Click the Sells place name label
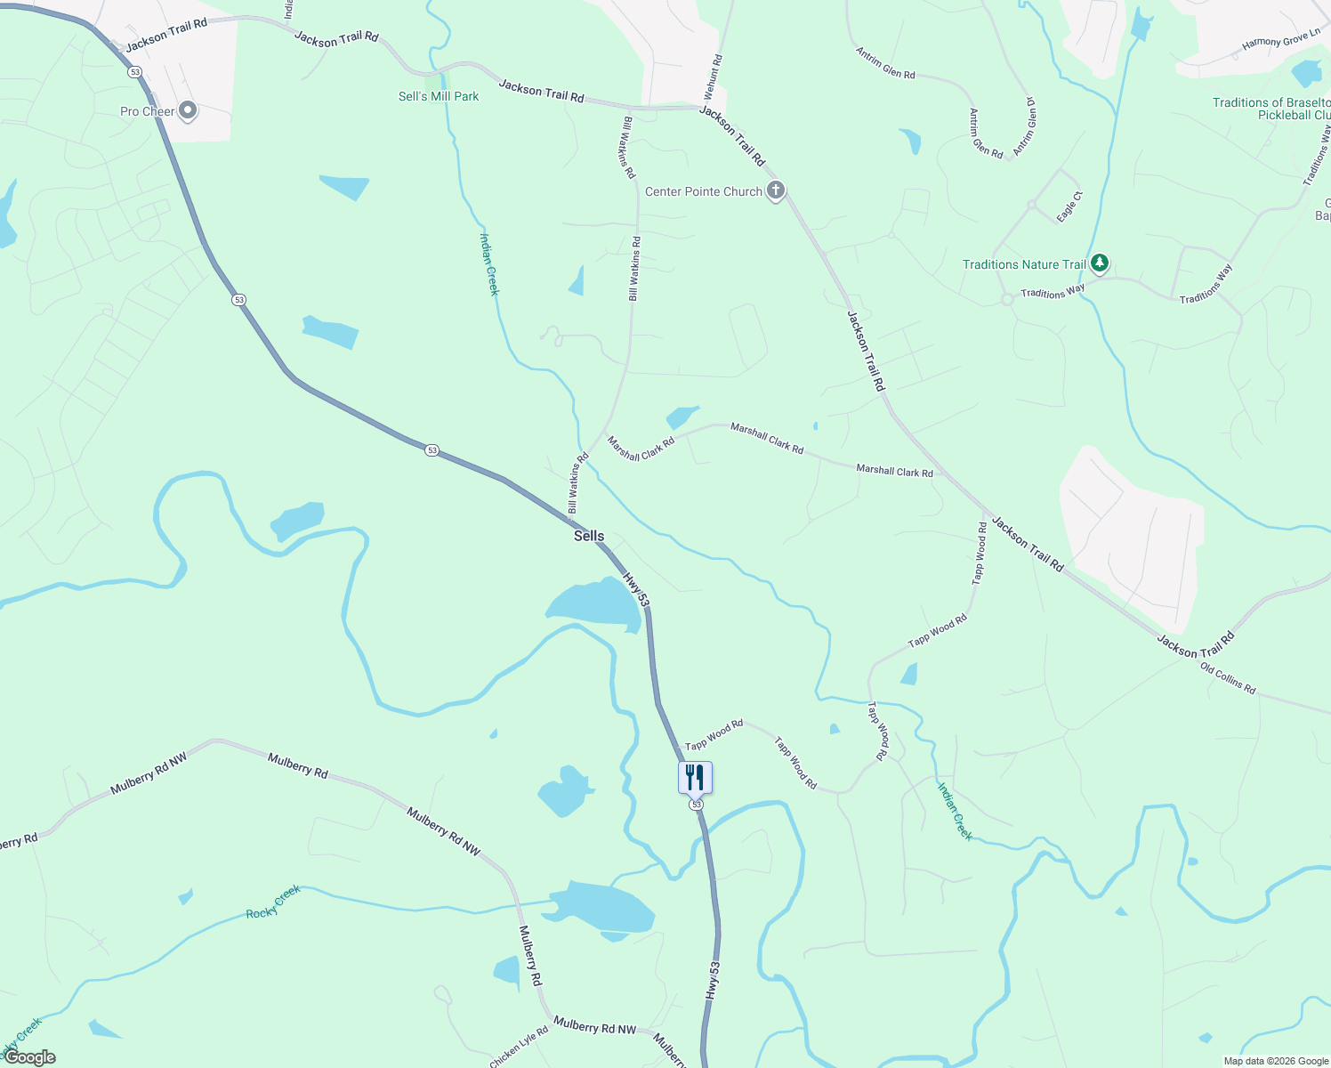589,536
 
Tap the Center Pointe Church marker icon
776,190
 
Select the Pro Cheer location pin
188,111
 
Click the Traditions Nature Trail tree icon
1100,263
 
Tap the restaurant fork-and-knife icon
695,777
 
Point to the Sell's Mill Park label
439,96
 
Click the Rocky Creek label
273,902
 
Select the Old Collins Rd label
1227,678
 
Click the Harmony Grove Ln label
1281,40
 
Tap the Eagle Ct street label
1069,206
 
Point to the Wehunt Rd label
713,77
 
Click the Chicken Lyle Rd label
519,1048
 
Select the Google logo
29,1057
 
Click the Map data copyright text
1276,1061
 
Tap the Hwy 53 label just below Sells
635,589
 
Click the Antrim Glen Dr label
1025,125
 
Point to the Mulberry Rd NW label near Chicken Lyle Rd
594,1026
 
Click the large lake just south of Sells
592,603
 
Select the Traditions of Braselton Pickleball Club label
1272,109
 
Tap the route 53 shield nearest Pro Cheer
134,72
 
